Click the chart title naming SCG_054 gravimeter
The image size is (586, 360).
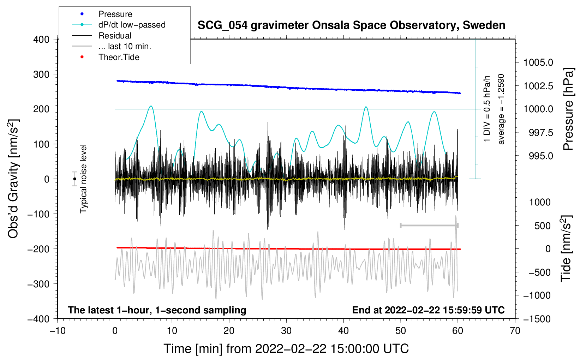(x=351, y=25)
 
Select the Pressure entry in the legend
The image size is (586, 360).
(x=115, y=14)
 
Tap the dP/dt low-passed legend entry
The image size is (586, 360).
(x=132, y=25)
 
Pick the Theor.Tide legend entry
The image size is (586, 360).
(x=119, y=57)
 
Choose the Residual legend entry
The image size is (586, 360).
(x=115, y=36)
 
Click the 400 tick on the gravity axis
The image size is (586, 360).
(x=41, y=40)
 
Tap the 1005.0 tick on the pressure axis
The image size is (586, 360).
(x=538, y=63)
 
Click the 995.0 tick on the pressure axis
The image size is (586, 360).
(x=541, y=156)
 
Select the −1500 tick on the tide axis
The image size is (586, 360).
(x=537, y=319)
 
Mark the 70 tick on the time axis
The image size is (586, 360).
(x=515, y=331)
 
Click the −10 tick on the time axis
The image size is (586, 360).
(x=58, y=331)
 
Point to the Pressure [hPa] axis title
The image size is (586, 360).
(x=568, y=109)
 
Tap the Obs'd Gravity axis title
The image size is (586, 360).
(x=13, y=179)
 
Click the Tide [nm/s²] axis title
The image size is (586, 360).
(x=566, y=249)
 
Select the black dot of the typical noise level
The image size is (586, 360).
(x=75, y=179)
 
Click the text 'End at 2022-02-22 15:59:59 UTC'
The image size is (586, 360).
(x=428, y=310)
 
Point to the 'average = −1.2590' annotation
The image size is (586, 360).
(x=501, y=109)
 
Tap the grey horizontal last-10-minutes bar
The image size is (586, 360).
(x=429, y=225)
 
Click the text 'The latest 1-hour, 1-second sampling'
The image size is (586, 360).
(x=157, y=310)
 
